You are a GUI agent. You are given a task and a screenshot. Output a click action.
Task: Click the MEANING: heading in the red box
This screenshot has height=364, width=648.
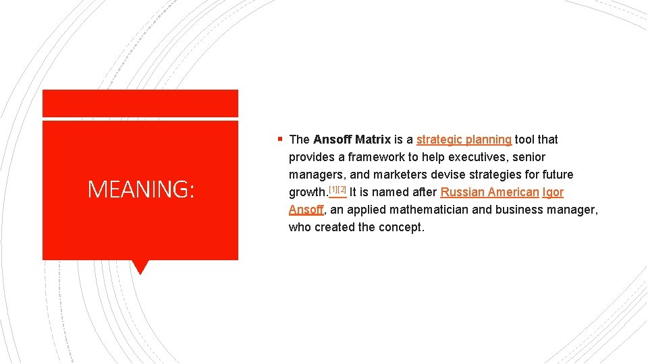pos(140,190)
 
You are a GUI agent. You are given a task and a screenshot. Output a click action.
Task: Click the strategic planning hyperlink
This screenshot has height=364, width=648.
pos(464,140)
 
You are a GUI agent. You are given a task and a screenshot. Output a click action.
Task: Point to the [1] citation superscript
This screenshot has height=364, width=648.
pos(333,189)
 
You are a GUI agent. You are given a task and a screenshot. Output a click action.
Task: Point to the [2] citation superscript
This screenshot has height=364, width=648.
pos(342,189)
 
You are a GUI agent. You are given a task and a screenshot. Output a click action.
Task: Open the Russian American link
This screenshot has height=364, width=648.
pos(489,192)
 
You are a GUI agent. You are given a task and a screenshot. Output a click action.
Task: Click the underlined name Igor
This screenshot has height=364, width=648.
pos(553,192)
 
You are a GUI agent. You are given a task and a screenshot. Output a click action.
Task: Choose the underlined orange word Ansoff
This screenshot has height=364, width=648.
pos(306,210)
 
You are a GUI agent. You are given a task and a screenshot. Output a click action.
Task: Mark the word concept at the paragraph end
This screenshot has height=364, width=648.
pos(402,227)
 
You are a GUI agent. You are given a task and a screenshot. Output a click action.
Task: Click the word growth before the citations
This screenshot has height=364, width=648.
pos(307,192)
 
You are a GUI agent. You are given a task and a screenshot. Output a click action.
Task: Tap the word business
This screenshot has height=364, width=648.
pos(517,210)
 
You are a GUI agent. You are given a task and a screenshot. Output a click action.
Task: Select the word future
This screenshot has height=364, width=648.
pos(556,175)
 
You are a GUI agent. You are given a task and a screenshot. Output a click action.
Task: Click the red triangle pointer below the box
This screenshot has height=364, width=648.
pos(140,267)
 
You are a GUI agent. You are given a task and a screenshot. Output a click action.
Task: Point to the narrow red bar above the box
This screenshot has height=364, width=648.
pos(140,103)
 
